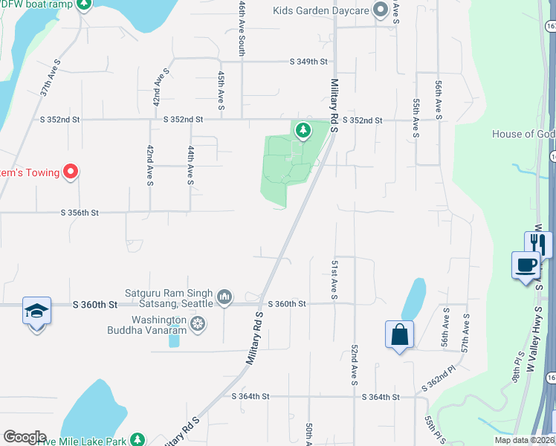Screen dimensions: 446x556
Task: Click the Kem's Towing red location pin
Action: coord(71,172)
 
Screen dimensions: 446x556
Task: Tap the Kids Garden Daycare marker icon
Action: coord(381,10)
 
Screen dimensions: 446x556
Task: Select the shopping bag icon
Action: coord(399,334)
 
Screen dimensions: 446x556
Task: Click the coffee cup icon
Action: coord(526,265)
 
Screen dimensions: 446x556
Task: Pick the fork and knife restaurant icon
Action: coord(539,244)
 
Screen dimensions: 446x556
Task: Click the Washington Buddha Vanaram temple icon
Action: coord(197,323)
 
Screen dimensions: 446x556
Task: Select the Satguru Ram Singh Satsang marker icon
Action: coord(225,298)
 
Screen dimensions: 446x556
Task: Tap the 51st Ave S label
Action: coord(335,280)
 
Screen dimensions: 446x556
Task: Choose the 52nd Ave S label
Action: coord(355,365)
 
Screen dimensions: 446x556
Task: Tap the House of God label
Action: coord(523,135)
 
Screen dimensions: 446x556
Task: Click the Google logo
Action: coord(25,437)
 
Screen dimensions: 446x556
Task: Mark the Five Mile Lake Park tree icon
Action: coord(137,439)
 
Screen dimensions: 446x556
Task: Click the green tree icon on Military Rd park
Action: coord(303,131)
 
